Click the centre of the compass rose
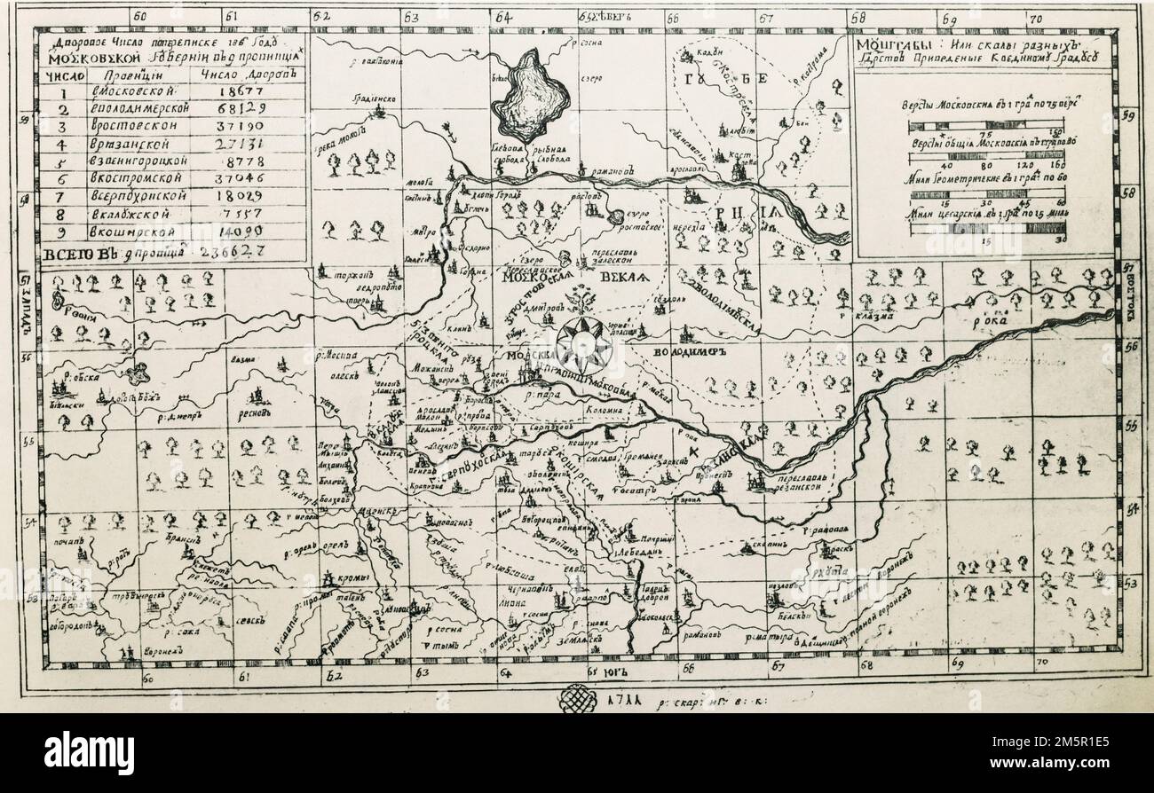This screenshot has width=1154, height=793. (x=583, y=344)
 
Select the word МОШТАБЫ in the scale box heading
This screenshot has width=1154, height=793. (x=883, y=44)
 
